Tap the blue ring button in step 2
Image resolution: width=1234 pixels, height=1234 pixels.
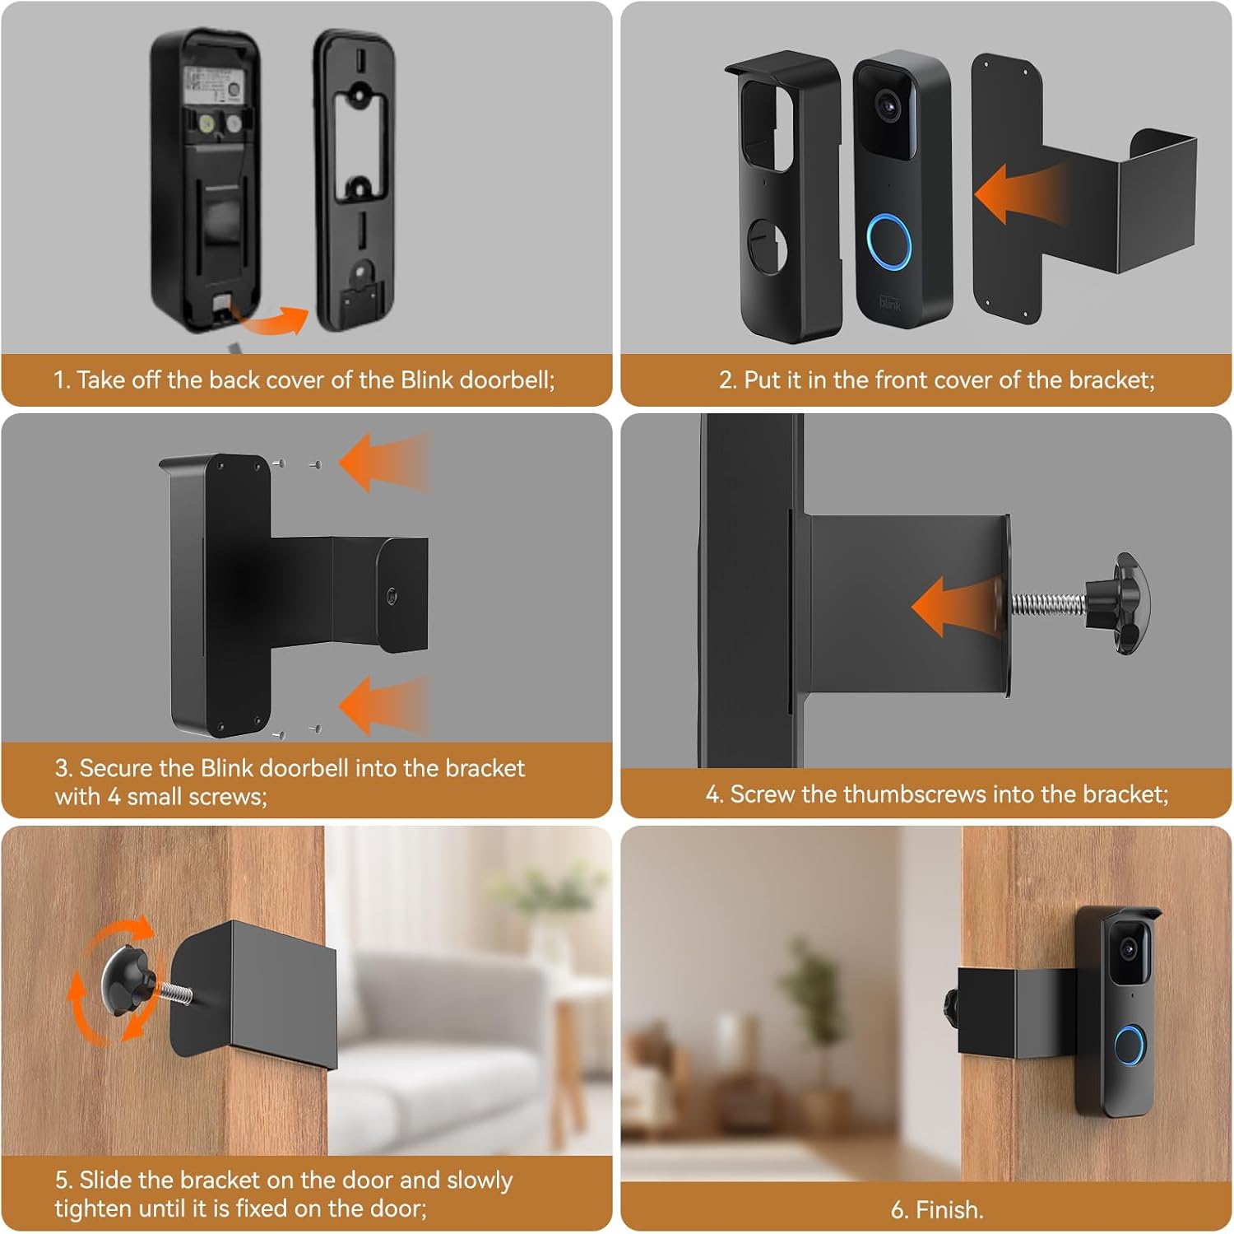[891, 241]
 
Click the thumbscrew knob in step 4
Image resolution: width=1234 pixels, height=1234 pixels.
[1123, 603]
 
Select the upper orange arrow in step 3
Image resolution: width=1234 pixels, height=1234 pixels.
[384, 462]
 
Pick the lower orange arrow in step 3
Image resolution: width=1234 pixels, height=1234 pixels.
[384, 705]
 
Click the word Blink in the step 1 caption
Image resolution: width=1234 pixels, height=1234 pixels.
[427, 380]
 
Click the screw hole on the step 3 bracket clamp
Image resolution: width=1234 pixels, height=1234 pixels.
[392, 597]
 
